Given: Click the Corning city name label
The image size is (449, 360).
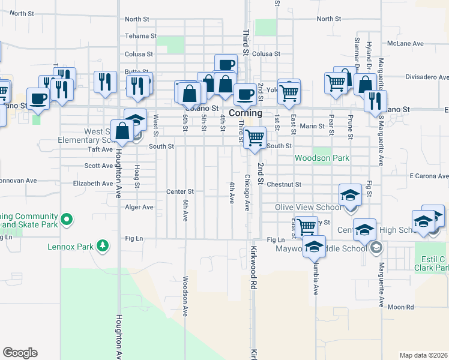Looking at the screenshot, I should click(246, 113).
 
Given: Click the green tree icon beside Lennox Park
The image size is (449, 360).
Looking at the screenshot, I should click(103, 245).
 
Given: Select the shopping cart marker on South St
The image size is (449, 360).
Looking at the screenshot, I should click(256, 137).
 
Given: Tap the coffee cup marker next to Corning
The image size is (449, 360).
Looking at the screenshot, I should click(245, 94).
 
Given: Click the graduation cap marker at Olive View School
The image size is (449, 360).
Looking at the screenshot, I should click(351, 195).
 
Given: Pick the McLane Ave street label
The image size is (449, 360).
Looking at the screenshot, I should click(406, 43).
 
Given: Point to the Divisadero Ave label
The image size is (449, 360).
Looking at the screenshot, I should click(427, 77).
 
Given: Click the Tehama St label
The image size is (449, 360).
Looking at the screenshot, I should click(140, 36).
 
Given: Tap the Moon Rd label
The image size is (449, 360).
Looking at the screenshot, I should click(401, 307).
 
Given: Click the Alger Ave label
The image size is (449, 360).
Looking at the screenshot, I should click(139, 207).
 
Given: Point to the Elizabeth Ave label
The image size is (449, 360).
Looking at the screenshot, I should click(92, 184).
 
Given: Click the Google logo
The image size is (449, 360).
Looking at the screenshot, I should click(20, 353).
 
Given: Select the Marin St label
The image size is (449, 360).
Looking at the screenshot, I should click(312, 126).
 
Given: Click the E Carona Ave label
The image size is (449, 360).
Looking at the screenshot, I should click(429, 176).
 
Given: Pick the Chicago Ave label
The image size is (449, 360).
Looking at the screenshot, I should click(247, 193).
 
